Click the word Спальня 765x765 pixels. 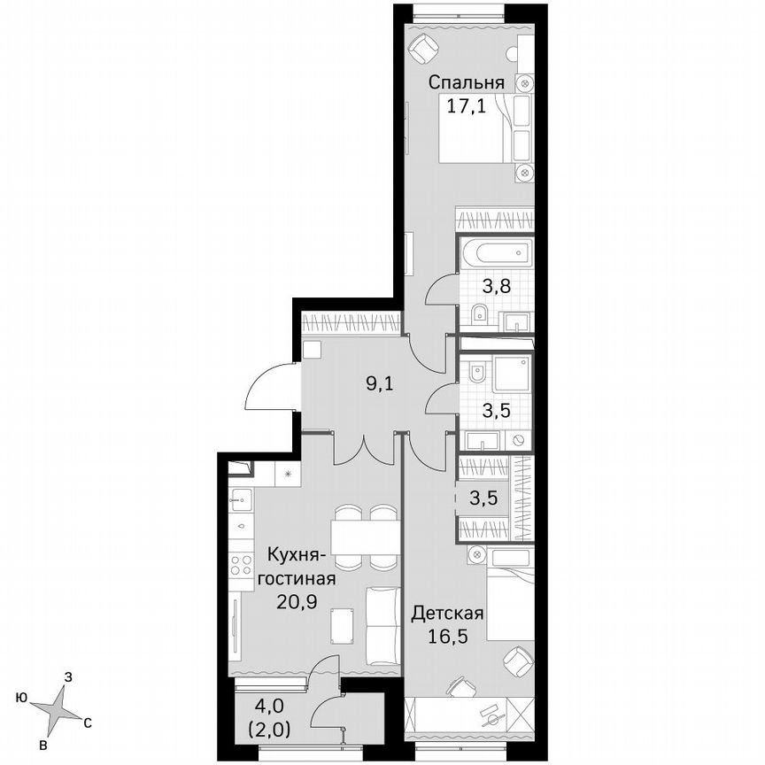click(467, 83)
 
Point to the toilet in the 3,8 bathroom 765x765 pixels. click(480, 313)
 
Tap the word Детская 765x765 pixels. click(448, 614)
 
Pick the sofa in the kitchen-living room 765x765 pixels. click(383, 624)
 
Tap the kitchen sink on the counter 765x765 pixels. click(240, 501)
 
